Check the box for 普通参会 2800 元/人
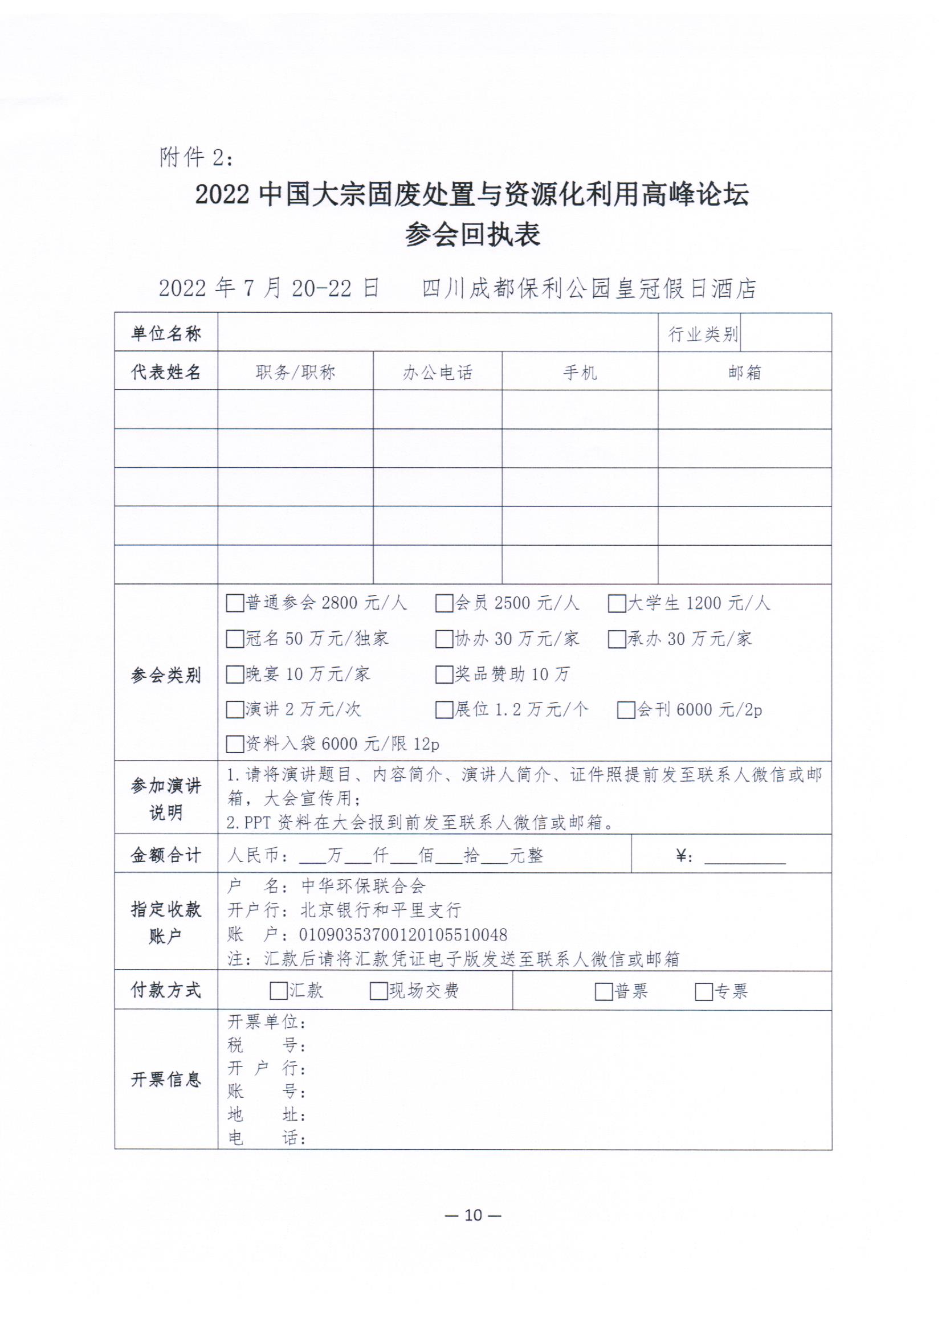click(234, 603)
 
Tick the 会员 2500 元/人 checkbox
click(444, 603)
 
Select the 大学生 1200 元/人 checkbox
click(617, 603)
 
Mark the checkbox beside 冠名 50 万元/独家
click(234, 639)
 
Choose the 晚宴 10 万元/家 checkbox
click(234, 674)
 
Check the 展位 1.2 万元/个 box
click(444, 709)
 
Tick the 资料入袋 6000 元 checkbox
click(234, 743)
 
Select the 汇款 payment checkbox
click(279, 990)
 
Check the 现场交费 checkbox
click(378, 990)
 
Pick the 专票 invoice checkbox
click(703, 991)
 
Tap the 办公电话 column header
click(438, 372)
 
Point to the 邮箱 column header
click(745, 372)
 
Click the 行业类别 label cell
click(702, 334)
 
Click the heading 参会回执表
click(472, 235)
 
